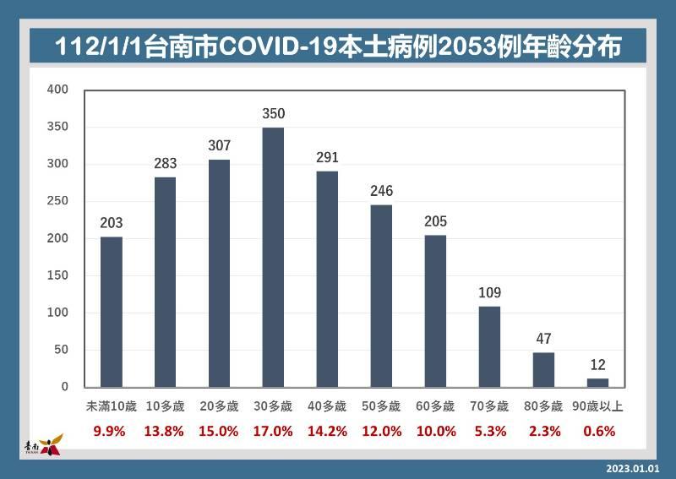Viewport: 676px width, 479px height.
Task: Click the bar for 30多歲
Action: click(x=273, y=258)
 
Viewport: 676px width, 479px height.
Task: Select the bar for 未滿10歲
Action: click(x=112, y=312)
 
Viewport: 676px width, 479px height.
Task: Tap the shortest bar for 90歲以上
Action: click(x=597, y=383)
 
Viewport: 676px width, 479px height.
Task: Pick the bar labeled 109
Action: click(x=489, y=346)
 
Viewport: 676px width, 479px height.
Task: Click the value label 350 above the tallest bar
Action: click(x=273, y=113)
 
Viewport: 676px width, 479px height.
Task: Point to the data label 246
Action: click(x=382, y=191)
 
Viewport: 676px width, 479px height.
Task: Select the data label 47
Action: click(x=543, y=339)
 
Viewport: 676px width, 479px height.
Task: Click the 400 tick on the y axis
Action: click(x=57, y=90)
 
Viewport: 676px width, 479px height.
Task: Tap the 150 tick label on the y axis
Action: click(x=57, y=275)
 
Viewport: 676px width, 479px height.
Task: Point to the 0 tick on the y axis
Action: click(x=65, y=386)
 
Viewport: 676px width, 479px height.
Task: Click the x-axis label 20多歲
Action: click(x=219, y=406)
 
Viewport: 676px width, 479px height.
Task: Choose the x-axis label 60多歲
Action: click(x=435, y=406)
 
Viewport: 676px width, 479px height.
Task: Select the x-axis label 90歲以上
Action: click(x=597, y=406)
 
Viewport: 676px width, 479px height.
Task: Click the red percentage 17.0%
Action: click(x=273, y=431)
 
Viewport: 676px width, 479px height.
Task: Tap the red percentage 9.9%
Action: click(x=109, y=431)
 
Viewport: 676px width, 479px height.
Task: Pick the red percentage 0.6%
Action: click(x=599, y=431)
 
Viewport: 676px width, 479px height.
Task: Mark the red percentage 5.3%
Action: click(x=490, y=431)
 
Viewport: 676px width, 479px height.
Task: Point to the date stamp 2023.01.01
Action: click(x=633, y=469)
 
